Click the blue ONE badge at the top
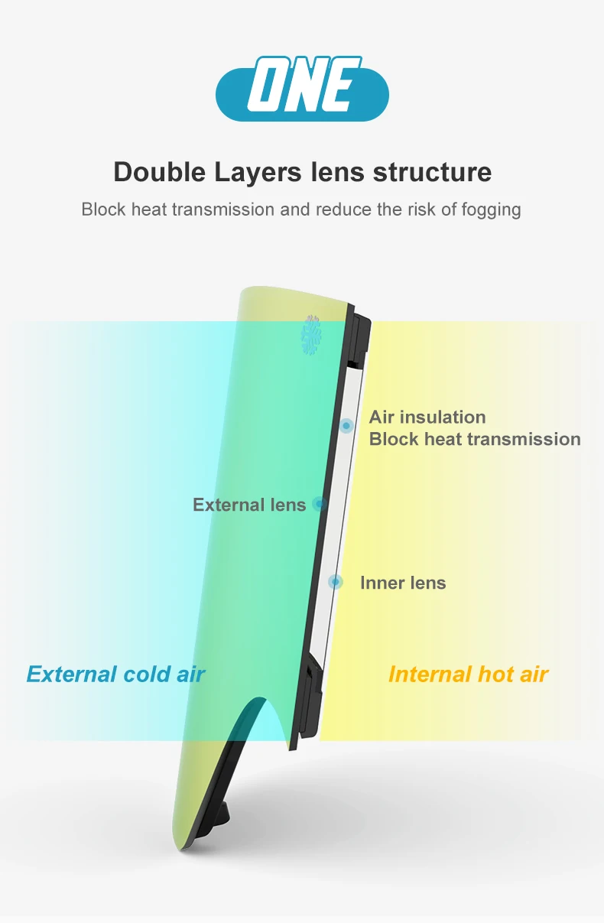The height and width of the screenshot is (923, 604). [x=302, y=89]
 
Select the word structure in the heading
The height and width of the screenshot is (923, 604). [x=432, y=172]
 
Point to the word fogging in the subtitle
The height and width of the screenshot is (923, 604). [x=492, y=210]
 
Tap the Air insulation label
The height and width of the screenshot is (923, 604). [x=427, y=417]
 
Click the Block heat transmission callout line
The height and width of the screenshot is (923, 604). [x=475, y=439]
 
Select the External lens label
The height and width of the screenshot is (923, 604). [x=249, y=505]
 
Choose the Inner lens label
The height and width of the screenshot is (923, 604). [x=403, y=583]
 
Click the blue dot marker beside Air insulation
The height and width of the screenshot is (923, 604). [x=346, y=425]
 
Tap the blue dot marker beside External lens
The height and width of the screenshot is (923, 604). [x=320, y=504]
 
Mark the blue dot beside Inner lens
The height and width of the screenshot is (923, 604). [x=336, y=582]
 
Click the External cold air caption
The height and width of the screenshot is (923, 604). [x=115, y=674]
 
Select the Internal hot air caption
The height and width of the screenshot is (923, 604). [x=468, y=674]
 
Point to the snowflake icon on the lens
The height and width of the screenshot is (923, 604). [x=311, y=336]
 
